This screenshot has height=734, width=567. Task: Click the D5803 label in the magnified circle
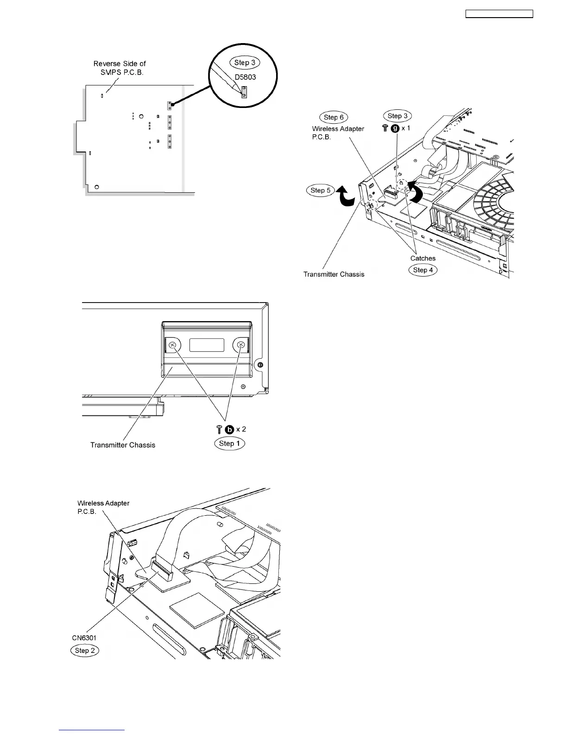[x=245, y=77]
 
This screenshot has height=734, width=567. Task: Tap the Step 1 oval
[x=229, y=443]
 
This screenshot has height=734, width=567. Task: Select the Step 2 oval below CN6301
[x=84, y=651]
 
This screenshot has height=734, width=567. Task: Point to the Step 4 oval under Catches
[x=422, y=270]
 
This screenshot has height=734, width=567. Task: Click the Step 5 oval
[x=320, y=190]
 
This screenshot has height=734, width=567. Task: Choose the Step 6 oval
[x=334, y=117]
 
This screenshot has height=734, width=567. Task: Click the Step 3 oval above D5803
[x=244, y=63]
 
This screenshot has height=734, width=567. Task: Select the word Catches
[x=423, y=258]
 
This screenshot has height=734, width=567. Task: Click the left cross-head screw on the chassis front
[x=173, y=345]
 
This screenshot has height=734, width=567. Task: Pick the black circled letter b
[x=229, y=429]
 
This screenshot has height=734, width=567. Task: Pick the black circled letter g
[x=395, y=128]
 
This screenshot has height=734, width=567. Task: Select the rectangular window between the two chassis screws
[x=207, y=345]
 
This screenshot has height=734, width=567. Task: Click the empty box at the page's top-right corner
[x=499, y=14]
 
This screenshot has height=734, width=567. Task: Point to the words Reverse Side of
[x=120, y=63]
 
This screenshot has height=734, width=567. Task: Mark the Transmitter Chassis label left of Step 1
[x=123, y=445]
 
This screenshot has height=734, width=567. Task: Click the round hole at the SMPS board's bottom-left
[x=97, y=187]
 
